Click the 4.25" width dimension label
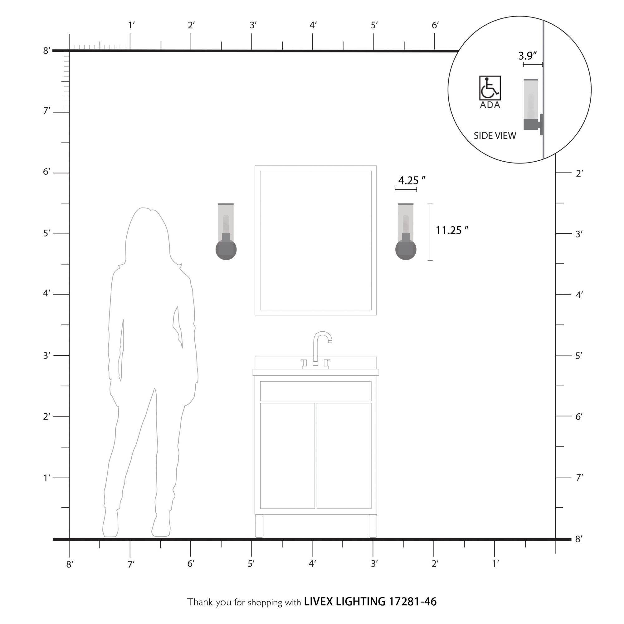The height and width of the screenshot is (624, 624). point(412,181)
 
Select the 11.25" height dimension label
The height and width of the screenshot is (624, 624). point(452,231)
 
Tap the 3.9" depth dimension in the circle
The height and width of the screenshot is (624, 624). point(527,56)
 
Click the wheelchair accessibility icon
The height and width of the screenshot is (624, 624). point(490,88)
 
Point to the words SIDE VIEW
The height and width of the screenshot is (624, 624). point(495,136)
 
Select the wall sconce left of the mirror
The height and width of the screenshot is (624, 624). point(226,232)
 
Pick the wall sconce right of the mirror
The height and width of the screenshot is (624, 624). point(406,232)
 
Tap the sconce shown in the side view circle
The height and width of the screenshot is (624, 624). point(533,107)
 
